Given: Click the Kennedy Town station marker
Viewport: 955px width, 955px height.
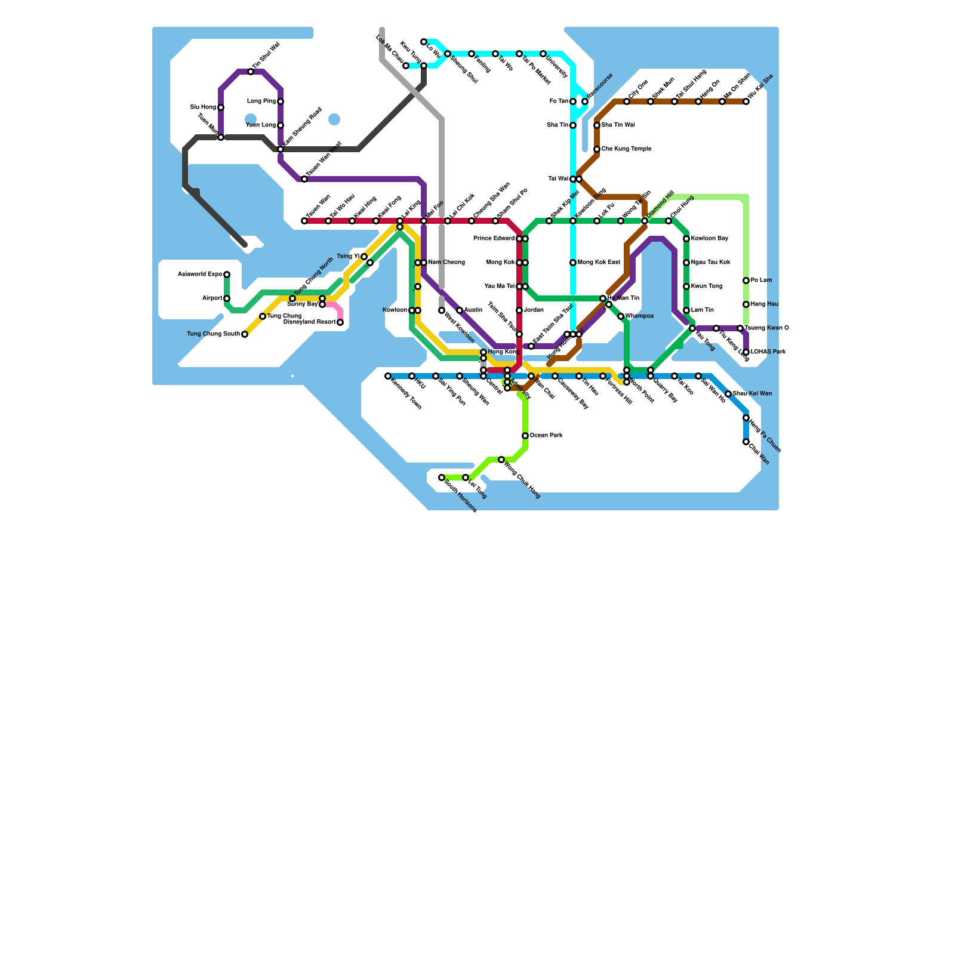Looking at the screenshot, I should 388,376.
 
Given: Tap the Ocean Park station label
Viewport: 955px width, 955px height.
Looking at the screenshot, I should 546,436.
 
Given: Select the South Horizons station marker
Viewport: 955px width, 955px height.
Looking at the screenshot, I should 442,478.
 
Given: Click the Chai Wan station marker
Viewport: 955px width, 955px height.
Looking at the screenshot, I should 746,442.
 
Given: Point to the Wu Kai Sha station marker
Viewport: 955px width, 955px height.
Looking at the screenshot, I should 746,101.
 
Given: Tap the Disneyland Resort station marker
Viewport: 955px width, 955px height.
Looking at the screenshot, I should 340,322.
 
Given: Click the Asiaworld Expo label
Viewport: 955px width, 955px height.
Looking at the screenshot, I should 200,275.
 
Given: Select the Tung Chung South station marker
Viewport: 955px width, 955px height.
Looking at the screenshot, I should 245,334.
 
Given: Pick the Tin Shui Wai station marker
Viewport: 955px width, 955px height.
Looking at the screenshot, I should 251,72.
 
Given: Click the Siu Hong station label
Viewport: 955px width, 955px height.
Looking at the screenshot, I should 203,107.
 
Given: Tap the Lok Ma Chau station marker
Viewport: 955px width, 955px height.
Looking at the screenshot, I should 406,66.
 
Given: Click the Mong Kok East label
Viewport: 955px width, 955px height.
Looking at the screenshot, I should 599,263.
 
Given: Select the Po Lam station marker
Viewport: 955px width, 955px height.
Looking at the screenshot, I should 746,281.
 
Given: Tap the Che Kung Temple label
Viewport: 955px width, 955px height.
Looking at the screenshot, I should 626,149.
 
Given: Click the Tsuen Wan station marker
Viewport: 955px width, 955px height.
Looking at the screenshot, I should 304,221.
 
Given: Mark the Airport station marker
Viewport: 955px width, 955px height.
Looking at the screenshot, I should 227,298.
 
